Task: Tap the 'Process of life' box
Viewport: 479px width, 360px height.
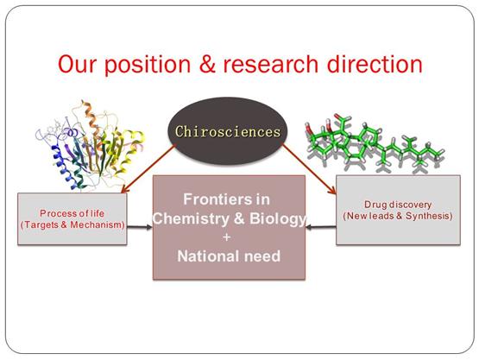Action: tap(72, 218)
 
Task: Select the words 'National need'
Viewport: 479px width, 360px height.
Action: tap(228, 256)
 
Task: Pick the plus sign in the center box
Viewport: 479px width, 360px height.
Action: tap(228, 237)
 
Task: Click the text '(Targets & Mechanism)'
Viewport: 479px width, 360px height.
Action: tap(72, 224)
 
